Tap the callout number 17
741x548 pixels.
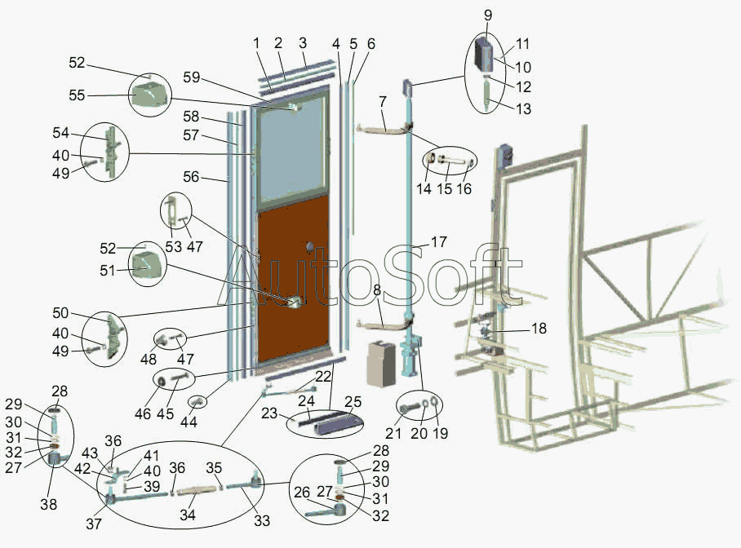click(439, 241)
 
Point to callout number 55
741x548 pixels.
click(77, 95)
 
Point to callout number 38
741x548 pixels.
click(49, 505)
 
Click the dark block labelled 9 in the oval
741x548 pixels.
click(486, 53)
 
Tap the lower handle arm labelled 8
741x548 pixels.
click(380, 325)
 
